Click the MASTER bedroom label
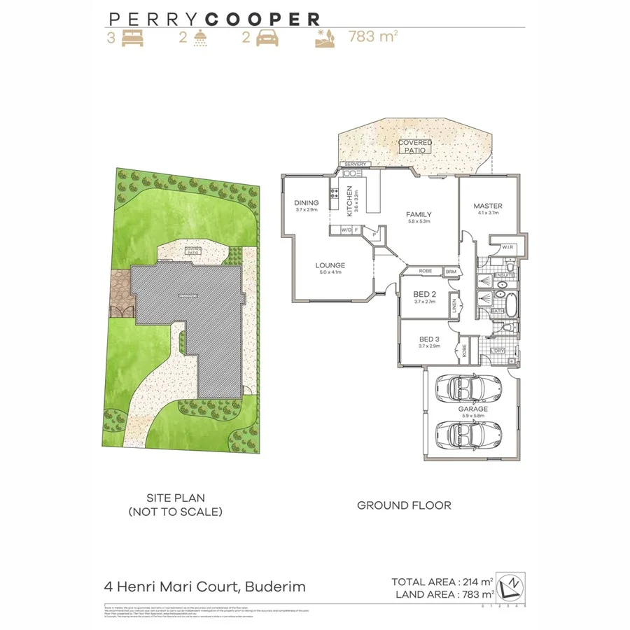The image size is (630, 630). [x=488, y=206]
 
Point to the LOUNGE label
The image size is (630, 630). [x=330, y=265]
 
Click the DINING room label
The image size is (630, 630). [x=307, y=203]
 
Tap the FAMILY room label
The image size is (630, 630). [x=419, y=215]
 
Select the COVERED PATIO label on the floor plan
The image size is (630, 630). [x=415, y=146]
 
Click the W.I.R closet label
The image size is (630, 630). [x=507, y=246]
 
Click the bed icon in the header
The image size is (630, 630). [x=133, y=38]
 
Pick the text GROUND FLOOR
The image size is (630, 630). [x=404, y=505]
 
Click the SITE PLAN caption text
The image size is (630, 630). [x=175, y=498]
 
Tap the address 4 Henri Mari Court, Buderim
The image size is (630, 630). [x=204, y=587]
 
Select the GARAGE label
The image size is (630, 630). [x=473, y=409]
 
